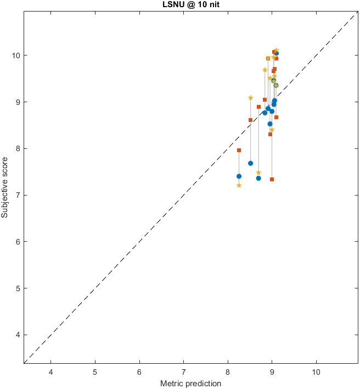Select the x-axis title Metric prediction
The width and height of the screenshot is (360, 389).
coord(190,383)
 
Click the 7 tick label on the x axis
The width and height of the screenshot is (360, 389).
coord(183,371)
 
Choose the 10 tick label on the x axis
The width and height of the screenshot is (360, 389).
coord(316,371)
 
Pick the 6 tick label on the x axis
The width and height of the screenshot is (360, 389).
coord(139,371)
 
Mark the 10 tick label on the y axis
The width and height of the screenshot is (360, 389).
coord(16,55)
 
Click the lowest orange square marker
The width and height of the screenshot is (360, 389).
coord(272,180)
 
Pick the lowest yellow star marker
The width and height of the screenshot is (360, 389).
coord(239,185)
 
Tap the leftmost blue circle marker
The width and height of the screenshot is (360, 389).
coord(239,176)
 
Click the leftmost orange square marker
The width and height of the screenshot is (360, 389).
coord(239,150)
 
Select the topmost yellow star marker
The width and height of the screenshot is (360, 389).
coord(277,51)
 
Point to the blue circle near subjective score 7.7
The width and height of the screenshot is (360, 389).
coord(250,163)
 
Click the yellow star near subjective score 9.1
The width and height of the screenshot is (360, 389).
coord(250,98)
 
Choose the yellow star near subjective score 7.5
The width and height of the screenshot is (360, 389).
coord(258,173)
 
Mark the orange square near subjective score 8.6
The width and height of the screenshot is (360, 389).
coord(250,120)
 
